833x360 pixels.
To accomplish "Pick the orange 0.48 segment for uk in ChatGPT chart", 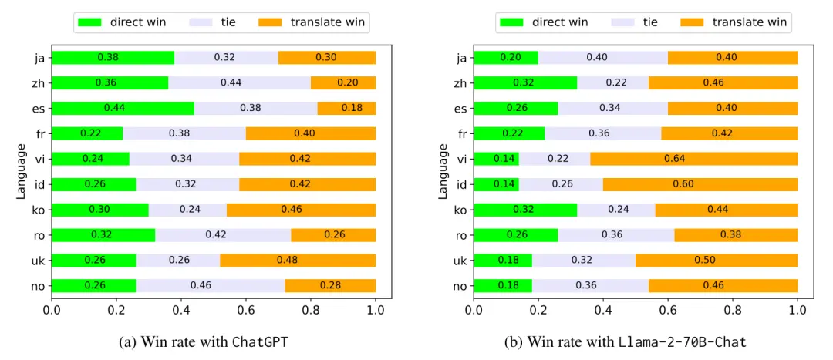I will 298,261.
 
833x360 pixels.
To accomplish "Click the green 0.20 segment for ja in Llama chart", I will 506,57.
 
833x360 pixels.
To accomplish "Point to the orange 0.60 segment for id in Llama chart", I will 700,184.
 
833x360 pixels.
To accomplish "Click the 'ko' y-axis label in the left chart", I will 38,210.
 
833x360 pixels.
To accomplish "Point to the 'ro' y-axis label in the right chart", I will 460,235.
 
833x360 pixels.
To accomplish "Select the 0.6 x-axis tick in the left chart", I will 246,311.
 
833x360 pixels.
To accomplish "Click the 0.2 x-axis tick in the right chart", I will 538,311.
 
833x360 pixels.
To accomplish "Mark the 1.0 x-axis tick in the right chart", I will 798,311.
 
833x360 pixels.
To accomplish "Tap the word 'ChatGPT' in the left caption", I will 260,342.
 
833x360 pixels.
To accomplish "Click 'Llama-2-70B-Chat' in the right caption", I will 683,342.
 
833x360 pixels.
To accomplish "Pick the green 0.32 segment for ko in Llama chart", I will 525,210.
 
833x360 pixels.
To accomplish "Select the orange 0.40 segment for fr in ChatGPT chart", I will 311,133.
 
